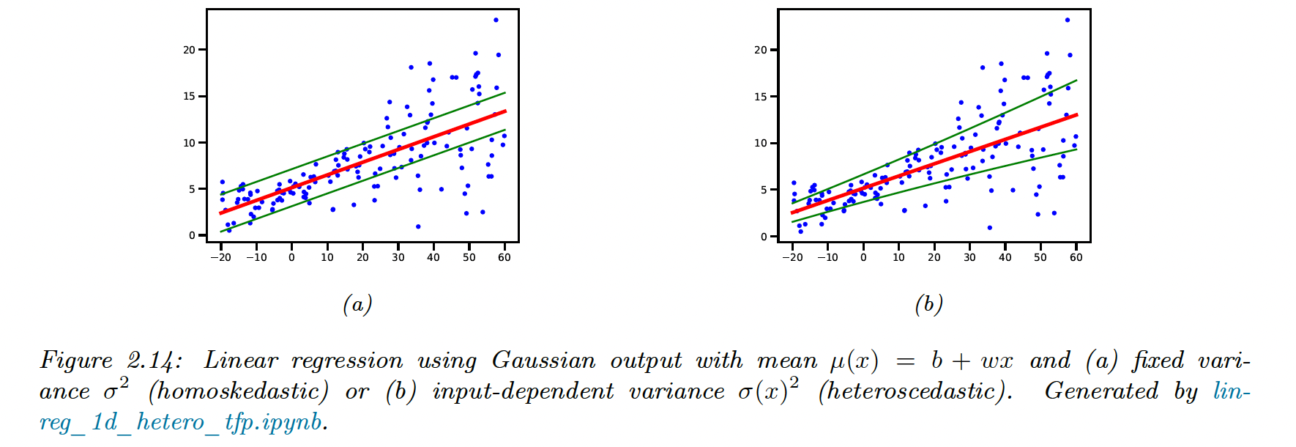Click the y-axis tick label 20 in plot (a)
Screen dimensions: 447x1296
pos(189,50)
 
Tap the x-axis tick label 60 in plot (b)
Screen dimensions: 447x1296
pos(1076,257)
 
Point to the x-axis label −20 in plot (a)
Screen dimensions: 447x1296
pos(220,257)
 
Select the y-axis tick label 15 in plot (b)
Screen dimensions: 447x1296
pos(760,97)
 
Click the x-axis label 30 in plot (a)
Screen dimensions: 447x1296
pos(398,257)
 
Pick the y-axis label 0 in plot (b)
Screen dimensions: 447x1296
pos(764,236)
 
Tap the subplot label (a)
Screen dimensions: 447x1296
pos(357,304)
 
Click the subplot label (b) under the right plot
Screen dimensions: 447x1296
pos(928,304)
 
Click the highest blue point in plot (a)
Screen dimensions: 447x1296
pos(496,20)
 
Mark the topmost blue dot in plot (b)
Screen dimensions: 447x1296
pos(1068,20)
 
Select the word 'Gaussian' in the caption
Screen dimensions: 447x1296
pos(543,361)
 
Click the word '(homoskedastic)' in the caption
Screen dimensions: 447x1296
pos(238,391)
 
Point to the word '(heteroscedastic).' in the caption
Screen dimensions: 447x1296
pos(915,391)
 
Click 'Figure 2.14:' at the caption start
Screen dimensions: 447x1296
pos(111,361)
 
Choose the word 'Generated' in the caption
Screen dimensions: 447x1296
pos(1101,391)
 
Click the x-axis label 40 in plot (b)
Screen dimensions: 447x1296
pos(1005,257)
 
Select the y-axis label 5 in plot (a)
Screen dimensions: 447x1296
pos(192,189)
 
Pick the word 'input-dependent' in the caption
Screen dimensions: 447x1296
pos(523,391)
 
